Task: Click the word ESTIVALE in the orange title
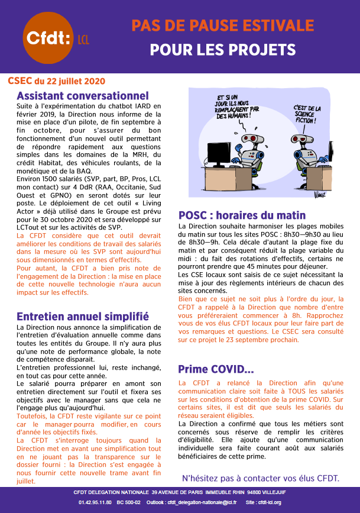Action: pyautogui.click(x=275, y=25)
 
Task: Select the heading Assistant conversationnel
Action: pyautogui.click(x=83, y=96)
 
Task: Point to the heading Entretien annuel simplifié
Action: pyautogui.click(x=83, y=317)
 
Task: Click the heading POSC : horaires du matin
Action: pyautogui.click(x=242, y=215)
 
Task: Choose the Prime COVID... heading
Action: pyautogui.click(x=216, y=370)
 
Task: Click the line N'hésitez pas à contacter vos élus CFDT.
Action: pyautogui.click(x=260, y=478)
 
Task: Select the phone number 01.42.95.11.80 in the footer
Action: pyautogui.click(x=96, y=502)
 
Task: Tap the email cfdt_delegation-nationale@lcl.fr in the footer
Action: pyautogui.click(x=202, y=502)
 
